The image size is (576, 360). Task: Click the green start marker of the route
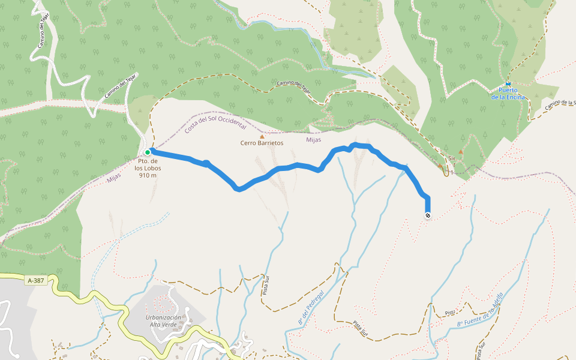pyautogui.click(x=147, y=152)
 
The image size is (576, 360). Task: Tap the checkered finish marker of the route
pyautogui.click(x=427, y=215)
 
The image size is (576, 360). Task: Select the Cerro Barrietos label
pyautogui.click(x=262, y=143)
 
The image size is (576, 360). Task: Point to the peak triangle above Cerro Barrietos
pyautogui.click(x=262, y=136)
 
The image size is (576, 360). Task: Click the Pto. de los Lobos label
pyautogui.click(x=148, y=165)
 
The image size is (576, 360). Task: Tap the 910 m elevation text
pyautogui.click(x=148, y=175)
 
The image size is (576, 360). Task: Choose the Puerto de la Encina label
pyautogui.click(x=508, y=93)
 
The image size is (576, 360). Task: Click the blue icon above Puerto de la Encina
pyautogui.click(x=508, y=83)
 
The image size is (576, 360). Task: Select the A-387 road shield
pyautogui.click(x=36, y=280)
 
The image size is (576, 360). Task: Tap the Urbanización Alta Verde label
pyautogui.click(x=163, y=321)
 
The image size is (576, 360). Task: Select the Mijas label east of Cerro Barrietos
pyautogui.click(x=313, y=140)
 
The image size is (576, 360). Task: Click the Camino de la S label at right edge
pyautogui.click(x=560, y=105)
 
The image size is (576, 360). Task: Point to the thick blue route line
pyautogui.click(x=282, y=169)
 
